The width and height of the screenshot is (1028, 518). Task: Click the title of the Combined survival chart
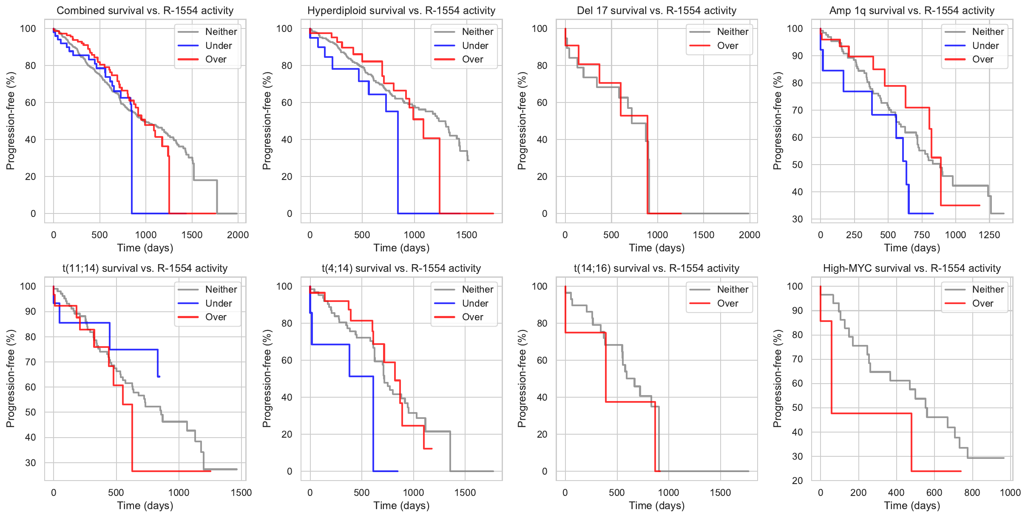coord(145,11)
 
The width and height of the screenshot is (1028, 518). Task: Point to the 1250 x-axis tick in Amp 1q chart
coord(989,235)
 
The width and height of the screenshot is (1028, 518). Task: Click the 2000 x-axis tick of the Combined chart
coord(238,235)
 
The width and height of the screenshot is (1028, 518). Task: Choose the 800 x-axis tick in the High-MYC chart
coord(972,492)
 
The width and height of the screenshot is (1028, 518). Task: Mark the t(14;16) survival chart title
coord(656,268)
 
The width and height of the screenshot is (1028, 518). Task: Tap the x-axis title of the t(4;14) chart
coord(401,506)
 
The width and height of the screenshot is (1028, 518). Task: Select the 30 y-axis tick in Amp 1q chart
coord(797,219)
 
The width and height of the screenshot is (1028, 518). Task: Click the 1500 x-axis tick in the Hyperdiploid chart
coord(466,235)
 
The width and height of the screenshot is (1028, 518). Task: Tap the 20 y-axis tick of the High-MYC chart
coord(797,481)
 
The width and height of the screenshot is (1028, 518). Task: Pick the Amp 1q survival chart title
coord(912,11)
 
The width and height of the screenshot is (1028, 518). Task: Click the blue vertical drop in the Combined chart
coord(132,162)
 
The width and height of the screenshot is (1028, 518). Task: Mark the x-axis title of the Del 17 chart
coord(656,248)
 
